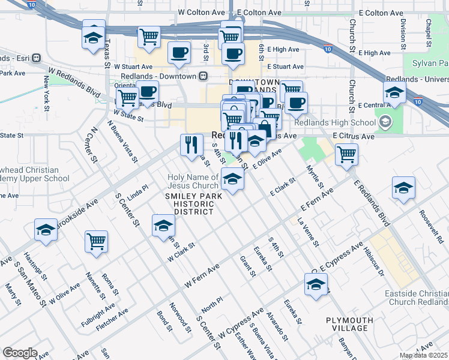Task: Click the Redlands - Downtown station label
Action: (x=158, y=76)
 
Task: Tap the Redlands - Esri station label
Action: (x=15, y=58)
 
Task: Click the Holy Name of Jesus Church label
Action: (x=193, y=181)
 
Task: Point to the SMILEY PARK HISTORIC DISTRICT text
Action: (x=194, y=203)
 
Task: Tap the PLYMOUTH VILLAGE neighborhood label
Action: (x=347, y=324)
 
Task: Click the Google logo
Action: (x=20, y=353)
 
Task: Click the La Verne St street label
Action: (x=308, y=232)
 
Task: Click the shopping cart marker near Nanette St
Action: (x=96, y=241)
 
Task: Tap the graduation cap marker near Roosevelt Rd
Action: (x=404, y=187)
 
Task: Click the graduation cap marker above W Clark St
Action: (x=163, y=226)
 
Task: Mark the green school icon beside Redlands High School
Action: (x=385, y=123)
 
